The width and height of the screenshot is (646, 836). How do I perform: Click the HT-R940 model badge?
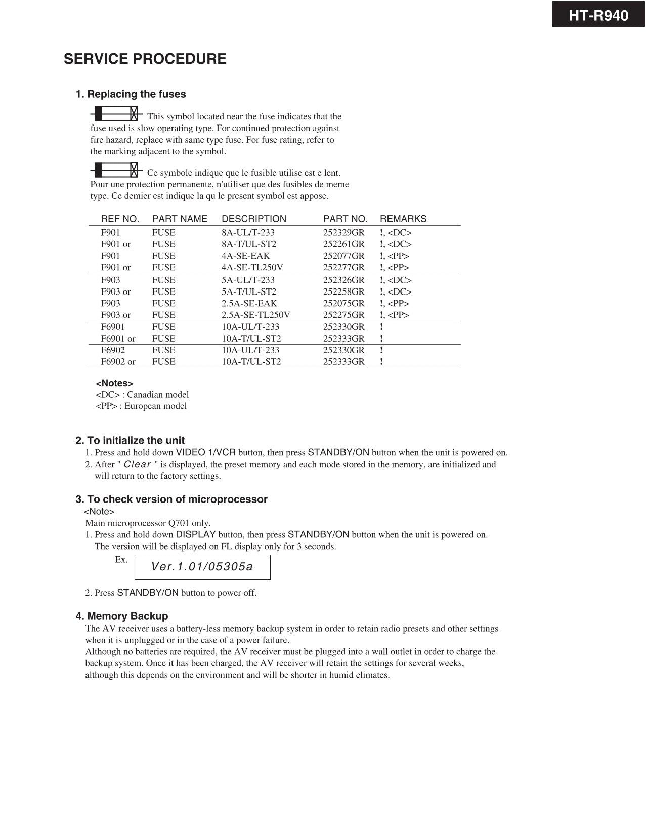[598, 15]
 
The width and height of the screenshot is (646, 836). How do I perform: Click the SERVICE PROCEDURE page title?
[145, 59]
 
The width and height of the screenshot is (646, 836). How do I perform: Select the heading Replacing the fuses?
[131, 94]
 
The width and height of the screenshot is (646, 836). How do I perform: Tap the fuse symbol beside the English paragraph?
[116, 113]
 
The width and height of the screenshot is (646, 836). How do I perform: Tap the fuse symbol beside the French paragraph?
[116, 169]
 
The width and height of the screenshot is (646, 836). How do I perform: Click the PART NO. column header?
[345, 219]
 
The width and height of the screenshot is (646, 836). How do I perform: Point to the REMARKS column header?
[403, 219]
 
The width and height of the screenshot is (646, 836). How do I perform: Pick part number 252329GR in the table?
[343, 233]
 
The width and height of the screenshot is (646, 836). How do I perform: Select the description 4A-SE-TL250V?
[252, 267]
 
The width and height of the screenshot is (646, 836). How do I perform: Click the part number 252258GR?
[343, 292]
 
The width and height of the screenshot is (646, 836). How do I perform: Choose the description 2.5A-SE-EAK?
[249, 304]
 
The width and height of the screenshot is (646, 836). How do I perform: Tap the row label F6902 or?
[118, 362]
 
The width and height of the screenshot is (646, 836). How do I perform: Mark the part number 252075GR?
[343, 304]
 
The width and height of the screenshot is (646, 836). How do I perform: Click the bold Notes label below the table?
[114, 383]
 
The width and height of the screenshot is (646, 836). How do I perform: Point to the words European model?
[156, 406]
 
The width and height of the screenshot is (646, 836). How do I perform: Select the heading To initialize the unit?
[130, 440]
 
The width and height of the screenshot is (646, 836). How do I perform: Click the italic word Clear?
[137, 464]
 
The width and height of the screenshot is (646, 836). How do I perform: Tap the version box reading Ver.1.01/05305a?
[202, 567]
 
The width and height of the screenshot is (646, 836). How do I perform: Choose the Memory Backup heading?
[122, 616]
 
